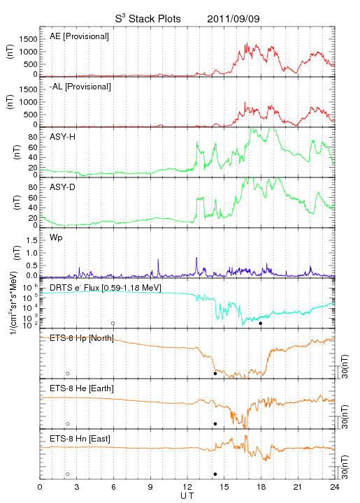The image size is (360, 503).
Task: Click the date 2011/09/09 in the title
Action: tap(233, 19)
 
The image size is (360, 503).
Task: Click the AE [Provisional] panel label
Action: tap(79, 36)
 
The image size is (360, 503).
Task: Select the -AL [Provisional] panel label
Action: tap(80, 87)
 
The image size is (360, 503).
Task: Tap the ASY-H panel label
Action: tap(63, 137)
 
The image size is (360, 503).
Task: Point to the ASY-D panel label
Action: tap(63, 187)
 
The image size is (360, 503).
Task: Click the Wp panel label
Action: tap(56, 238)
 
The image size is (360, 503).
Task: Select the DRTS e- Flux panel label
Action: tap(106, 288)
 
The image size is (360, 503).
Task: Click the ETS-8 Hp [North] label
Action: tap(82, 338)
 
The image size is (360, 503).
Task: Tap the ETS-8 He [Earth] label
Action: tap(82, 388)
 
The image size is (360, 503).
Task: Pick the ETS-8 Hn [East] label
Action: tap(80, 439)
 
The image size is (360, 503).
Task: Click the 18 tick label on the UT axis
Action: tap(261, 487)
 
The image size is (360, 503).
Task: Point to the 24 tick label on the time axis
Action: tap(335, 487)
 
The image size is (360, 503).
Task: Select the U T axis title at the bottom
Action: tap(187, 496)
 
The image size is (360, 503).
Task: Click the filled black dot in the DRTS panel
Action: tap(261, 323)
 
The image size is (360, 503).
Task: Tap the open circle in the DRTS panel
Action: tap(113, 323)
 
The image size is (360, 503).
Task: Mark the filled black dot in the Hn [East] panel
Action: tap(215, 474)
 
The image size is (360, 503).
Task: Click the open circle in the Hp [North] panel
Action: tap(68, 374)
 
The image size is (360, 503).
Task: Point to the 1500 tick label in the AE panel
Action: tap(28, 39)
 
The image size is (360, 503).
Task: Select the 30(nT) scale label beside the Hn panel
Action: tap(345, 467)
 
